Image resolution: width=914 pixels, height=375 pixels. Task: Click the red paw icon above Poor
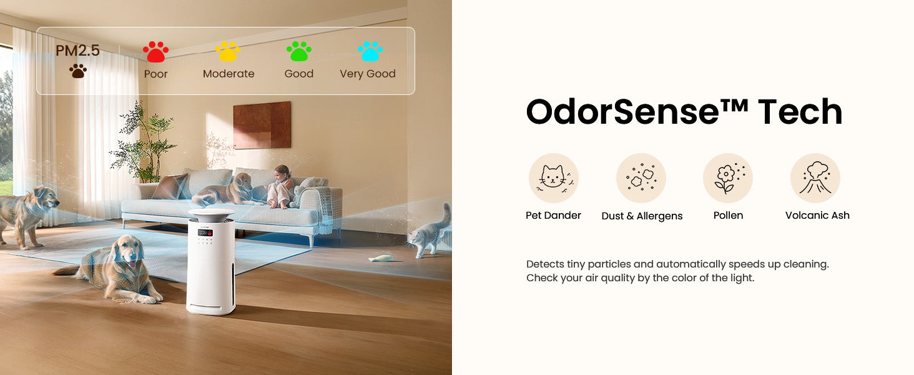coord(155,51)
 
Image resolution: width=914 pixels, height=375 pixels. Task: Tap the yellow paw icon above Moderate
coord(228,51)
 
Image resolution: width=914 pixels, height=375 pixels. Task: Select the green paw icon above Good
coord(298,51)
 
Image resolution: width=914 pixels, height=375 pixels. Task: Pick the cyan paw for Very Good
coord(370,51)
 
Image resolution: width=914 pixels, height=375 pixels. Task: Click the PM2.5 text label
coord(77,51)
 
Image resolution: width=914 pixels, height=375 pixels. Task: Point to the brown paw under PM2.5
coord(78,71)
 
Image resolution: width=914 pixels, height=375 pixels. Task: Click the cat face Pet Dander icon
coord(553,178)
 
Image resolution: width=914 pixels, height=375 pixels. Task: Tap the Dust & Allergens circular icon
coord(641,178)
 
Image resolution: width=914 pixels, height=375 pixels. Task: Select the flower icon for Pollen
coord(728,178)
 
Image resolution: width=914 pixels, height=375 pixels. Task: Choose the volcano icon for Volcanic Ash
coord(815,178)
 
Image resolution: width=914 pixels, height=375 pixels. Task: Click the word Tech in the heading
coord(800,111)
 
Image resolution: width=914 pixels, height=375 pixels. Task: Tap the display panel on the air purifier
coord(205,232)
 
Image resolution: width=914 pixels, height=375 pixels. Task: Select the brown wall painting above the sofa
coord(262,125)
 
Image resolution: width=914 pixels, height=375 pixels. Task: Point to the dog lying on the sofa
coord(224,191)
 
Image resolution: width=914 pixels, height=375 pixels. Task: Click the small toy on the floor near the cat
coord(381,258)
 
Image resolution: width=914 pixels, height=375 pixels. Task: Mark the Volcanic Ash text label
coord(817,215)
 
